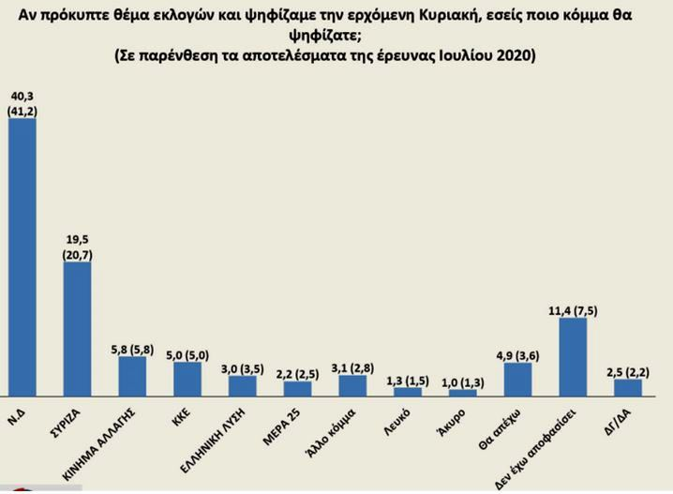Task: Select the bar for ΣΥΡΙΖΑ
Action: pos(77,328)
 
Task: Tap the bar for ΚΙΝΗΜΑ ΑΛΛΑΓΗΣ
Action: pos(132,376)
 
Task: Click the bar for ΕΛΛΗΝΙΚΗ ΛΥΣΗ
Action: pos(243,385)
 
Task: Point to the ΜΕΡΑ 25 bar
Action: pos(297,388)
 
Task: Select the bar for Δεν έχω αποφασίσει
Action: pos(573,357)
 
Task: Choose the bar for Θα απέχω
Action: pos(517,379)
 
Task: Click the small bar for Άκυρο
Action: pos(462,393)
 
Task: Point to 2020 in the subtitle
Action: pos(511,55)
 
